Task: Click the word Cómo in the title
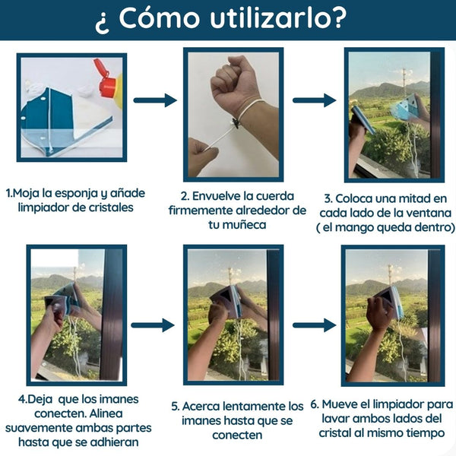point(160,17)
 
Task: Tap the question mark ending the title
point(339,17)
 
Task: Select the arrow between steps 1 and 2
point(155,100)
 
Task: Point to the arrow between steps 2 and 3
point(314,100)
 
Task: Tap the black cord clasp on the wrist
point(235,123)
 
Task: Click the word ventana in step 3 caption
point(429,213)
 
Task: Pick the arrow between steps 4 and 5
point(153,325)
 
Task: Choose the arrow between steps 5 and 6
point(314,325)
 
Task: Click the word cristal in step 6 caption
point(335,433)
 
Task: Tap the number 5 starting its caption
point(175,407)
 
